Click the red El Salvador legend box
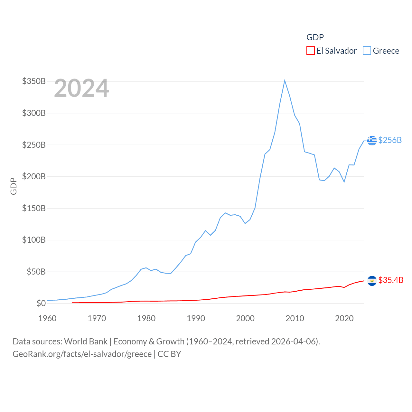click(310, 51)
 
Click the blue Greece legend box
click(367, 51)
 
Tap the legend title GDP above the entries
click(315, 37)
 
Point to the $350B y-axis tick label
click(34, 81)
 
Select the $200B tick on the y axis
click(34, 176)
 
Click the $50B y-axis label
click(36, 272)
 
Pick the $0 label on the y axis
click(41, 303)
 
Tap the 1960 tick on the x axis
click(47, 318)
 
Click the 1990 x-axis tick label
click(196, 318)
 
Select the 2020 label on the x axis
click(344, 318)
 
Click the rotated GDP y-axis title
click(14, 186)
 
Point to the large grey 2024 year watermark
click(81, 88)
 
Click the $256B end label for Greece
click(390, 140)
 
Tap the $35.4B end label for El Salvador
click(391, 280)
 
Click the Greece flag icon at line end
click(372, 140)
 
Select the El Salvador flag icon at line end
click(372, 281)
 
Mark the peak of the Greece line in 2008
click(285, 80)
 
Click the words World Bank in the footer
click(86, 341)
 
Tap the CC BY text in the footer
click(169, 354)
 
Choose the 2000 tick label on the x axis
click(245, 318)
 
